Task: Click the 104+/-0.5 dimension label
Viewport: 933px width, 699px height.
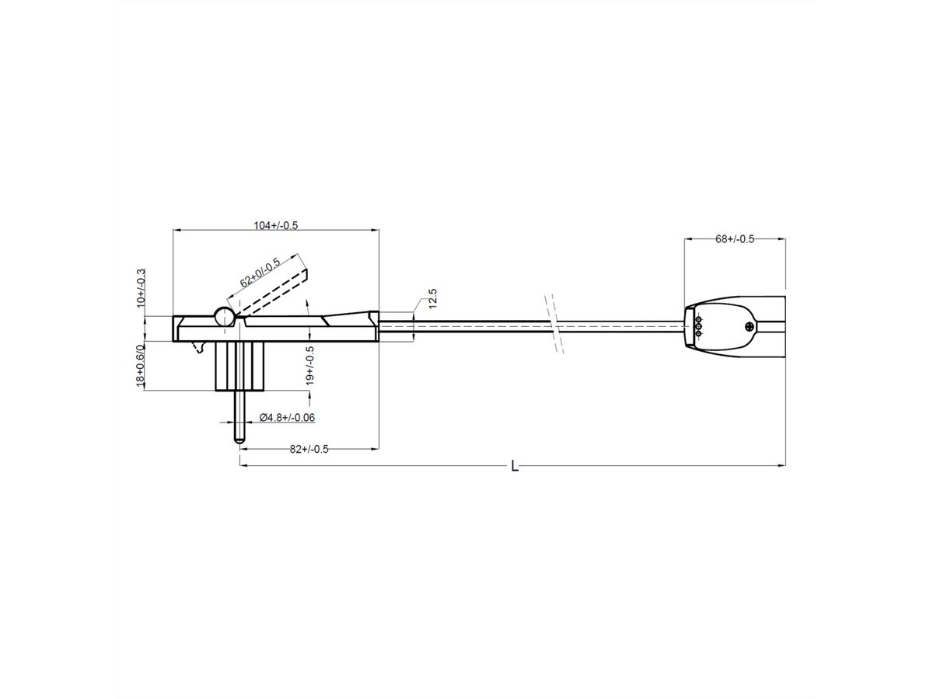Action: [x=275, y=225]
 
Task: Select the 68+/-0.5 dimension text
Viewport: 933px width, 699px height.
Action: [x=735, y=238]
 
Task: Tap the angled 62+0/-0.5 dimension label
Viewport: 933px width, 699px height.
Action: [x=260, y=272]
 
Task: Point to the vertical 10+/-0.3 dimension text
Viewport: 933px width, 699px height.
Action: [x=142, y=287]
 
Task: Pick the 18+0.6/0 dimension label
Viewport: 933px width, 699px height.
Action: [x=141, y=365]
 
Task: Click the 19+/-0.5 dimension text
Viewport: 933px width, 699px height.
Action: [x=310, y=365]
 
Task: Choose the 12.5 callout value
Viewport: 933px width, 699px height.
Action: [x=432, y=298]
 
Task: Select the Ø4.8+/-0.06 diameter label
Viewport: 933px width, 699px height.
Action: [x=288, y=417]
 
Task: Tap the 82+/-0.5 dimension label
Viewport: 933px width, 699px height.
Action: [x=309, y=449]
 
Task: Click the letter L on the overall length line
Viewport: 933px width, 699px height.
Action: [x=515, y=467]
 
